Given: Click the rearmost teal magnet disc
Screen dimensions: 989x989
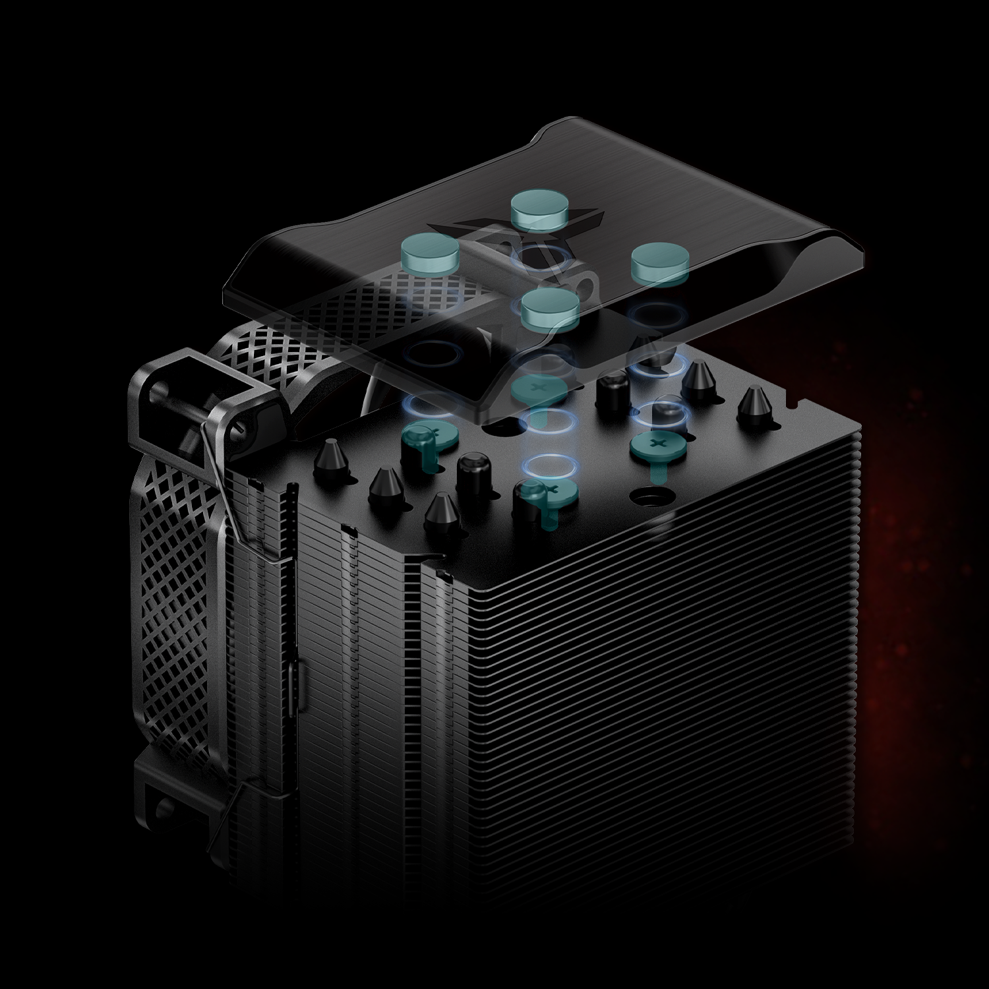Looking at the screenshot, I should coord(540,207).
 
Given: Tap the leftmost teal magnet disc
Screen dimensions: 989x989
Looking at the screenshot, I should coord(431,254).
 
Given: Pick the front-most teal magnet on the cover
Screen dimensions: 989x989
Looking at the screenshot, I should coord(550,308).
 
